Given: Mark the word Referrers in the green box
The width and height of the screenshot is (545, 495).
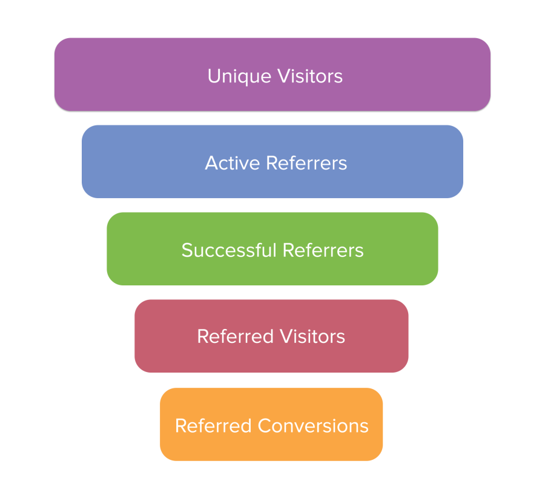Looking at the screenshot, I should click(x=323, y=250).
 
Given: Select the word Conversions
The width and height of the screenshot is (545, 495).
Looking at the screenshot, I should click(x=313, y=425).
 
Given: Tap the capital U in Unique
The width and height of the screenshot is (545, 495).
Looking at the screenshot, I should click(x=213, y=76).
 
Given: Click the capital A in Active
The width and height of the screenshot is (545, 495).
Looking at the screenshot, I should click(x=211, y=163).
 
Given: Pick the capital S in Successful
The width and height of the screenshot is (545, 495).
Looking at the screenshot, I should click(x=187, y=250).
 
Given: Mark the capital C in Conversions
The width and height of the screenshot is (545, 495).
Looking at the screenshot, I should click(x=264, y=425).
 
